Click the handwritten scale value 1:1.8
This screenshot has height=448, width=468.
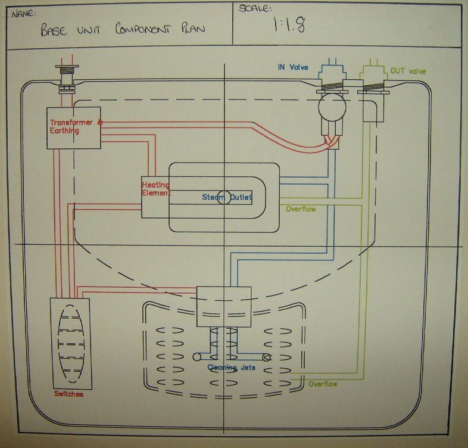coord(289,24)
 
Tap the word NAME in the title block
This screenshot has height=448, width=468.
coord(24,14)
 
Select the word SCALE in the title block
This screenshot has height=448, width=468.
coord(255,8)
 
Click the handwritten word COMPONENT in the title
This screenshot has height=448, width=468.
coord(143,29)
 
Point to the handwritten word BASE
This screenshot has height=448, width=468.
coord(54,30)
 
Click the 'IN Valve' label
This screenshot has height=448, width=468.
coord(293,67)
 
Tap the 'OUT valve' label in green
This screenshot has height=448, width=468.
coord(408,71)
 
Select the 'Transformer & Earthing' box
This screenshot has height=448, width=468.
coord(74,128)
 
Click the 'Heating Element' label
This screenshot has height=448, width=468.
coord(155,189)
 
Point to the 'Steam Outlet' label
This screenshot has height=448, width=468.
coord(227,197)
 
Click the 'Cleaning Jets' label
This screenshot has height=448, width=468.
coord(231,368)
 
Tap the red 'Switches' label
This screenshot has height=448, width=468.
coord(68,394)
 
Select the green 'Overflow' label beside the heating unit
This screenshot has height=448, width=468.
coord(301,209)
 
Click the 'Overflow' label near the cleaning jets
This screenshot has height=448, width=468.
coord(323,384)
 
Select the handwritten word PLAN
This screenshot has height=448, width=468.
coord(193,29)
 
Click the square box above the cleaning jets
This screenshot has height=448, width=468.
coord(224,307)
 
